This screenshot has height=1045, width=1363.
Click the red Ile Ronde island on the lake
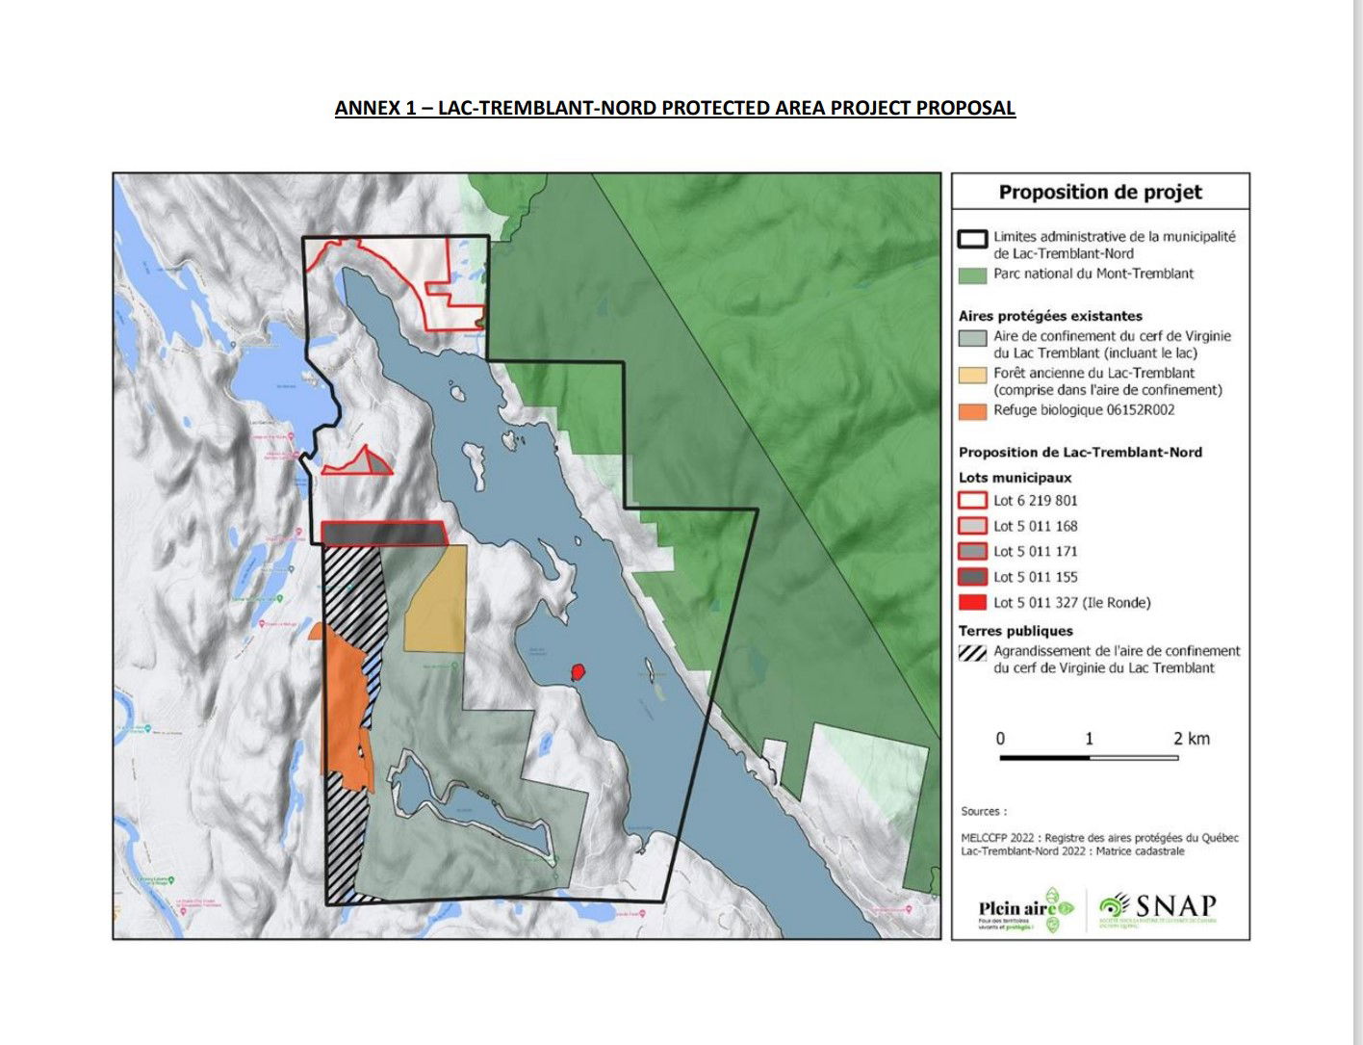(578, 671)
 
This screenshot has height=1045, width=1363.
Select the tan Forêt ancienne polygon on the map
(435, 599)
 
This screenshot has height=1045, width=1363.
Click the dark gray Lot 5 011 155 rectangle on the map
(383, 533)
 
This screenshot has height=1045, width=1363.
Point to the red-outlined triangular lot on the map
(361, 463)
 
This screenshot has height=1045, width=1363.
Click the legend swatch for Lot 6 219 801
(972, 501)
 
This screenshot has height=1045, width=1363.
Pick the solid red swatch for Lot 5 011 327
(972, 603)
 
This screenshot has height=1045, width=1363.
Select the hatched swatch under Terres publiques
(972, 652)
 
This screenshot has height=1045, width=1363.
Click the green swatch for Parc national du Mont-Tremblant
(972, 274)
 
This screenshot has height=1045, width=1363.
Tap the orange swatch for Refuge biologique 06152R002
(972, 411)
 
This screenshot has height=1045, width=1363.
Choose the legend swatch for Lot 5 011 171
(972, 552)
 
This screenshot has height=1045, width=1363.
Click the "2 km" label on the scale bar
(1191, 739)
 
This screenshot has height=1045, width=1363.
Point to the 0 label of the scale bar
(1000, 739)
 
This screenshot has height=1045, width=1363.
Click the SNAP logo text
(1174, 906)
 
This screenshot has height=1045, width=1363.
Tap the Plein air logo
(1024, 909)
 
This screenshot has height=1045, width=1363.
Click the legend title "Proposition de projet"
(1100, 192)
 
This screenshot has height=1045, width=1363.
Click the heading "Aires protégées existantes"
(1050, 316)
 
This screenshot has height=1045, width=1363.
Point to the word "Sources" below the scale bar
(981, 811)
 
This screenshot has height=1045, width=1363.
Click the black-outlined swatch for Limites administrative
(972, 238)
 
